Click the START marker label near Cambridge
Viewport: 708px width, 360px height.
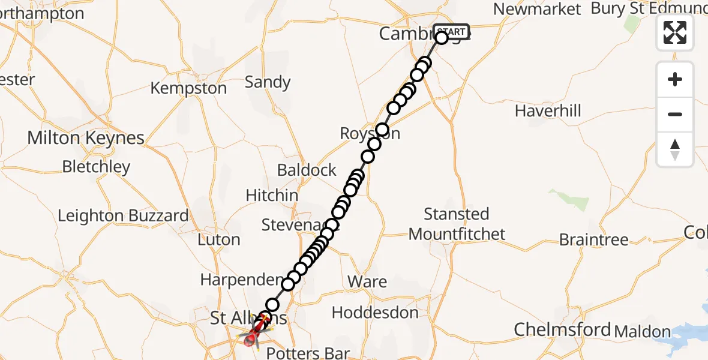point(451,31)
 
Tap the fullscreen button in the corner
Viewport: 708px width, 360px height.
point(675,32)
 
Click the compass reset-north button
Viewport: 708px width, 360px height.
point(675,149)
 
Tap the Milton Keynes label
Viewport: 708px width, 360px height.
point(86,137)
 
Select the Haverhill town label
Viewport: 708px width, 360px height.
point(548,111)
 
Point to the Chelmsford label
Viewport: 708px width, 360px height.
point(562,329)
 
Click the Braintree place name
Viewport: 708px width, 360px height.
point(593,239)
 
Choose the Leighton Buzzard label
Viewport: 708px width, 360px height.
point(123,215)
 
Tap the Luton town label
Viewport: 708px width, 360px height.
point(218,239)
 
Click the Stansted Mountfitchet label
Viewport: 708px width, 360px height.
point(457,224)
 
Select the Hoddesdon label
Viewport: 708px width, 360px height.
point(375,313)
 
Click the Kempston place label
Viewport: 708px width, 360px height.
point(188,88)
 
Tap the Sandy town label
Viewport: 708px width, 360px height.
point(268,82)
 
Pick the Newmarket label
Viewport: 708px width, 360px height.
point(537,9)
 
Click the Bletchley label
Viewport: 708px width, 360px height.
point(96,166)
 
